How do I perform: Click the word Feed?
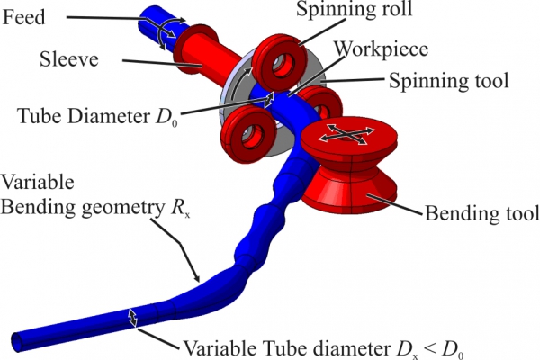pyautogui.click(x=23, y=17)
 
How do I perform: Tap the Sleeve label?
pyautogui.click(x=69, y=58)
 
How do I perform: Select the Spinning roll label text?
pyautogui.click(x=354, y=9)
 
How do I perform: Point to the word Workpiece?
pyautogui.click(x=382, y=49)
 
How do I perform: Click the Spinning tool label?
pyautogui.click(x=449, y=81)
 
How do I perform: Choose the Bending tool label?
pyautogui.click(x=481, y=213)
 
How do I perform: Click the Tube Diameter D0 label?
pyautogui.click(x=98, y=116)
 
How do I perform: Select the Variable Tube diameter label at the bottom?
pyautogui.click(x=324, y=348)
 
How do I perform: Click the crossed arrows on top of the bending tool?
pyautogui.click(x=346, y=135)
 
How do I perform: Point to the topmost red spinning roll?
pyautogui.click(x=280, y=63)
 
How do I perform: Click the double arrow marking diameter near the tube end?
pyautogui.click(x=132, y=317)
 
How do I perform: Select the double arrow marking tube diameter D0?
pyautogui.click(x=269, y=100)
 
